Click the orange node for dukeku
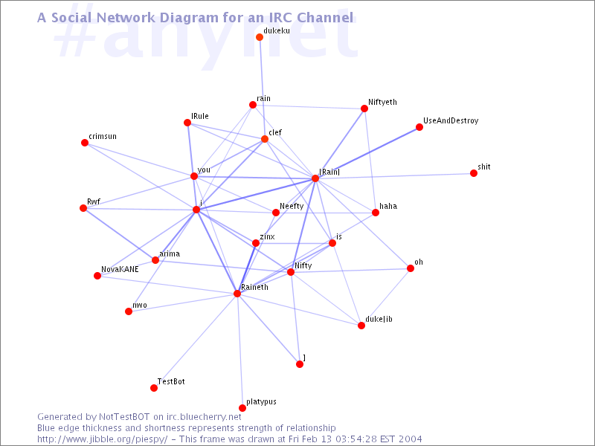260,37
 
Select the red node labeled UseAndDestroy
419,127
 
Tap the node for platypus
242,408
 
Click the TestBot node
154,388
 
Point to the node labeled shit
474,173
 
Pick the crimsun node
85,143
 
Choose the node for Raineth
237,294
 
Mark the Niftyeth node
364,109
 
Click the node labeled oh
411,268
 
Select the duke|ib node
361,326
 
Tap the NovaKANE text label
120,269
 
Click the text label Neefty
292,207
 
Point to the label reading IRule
200,116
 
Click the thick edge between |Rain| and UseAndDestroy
367,153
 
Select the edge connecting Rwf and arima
119,234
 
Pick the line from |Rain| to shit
394,176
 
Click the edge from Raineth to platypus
239,351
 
